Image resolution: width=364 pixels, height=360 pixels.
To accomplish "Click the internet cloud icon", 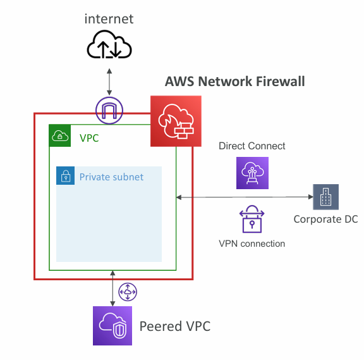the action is (x=109, y=44).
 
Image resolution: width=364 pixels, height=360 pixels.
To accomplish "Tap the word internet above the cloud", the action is (x=109, y=19).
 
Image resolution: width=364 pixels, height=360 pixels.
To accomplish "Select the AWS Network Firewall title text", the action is (x=234, y=82).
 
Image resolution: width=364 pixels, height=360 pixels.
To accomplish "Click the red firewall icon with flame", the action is (x=176, y=121).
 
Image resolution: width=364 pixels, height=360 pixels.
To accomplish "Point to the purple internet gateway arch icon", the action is (x=109, y=110).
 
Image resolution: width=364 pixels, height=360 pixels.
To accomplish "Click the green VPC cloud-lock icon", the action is (x=60, y=136).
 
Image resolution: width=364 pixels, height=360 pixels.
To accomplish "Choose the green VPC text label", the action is (x=89, y=138).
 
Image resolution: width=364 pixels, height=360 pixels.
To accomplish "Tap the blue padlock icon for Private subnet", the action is (x=66, y=176).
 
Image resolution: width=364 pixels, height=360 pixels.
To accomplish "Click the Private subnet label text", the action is (x=111, y=177).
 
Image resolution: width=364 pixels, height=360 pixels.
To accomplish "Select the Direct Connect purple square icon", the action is (x=252, y=173).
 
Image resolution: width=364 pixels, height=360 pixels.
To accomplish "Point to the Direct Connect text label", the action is (x=252, y=146).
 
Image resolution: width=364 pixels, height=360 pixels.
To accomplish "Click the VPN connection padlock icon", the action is (x=252, y=219).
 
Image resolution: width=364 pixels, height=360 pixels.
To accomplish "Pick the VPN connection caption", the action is (x=252, y=244).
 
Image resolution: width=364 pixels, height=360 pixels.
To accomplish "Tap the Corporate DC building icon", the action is (x=325, y=197).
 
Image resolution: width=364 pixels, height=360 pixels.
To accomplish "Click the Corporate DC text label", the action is (x=325, y=219).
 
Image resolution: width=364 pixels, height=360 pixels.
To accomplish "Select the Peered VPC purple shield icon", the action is (x=112, y=326).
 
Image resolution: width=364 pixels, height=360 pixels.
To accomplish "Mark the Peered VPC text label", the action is (x=175, y=326).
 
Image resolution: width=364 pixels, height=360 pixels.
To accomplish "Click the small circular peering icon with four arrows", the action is (x=128, y=292).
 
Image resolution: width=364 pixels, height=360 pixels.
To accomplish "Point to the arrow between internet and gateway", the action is (x=109, y=82).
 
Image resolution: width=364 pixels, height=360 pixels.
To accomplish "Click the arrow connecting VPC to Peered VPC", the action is (x=112, y=289).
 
